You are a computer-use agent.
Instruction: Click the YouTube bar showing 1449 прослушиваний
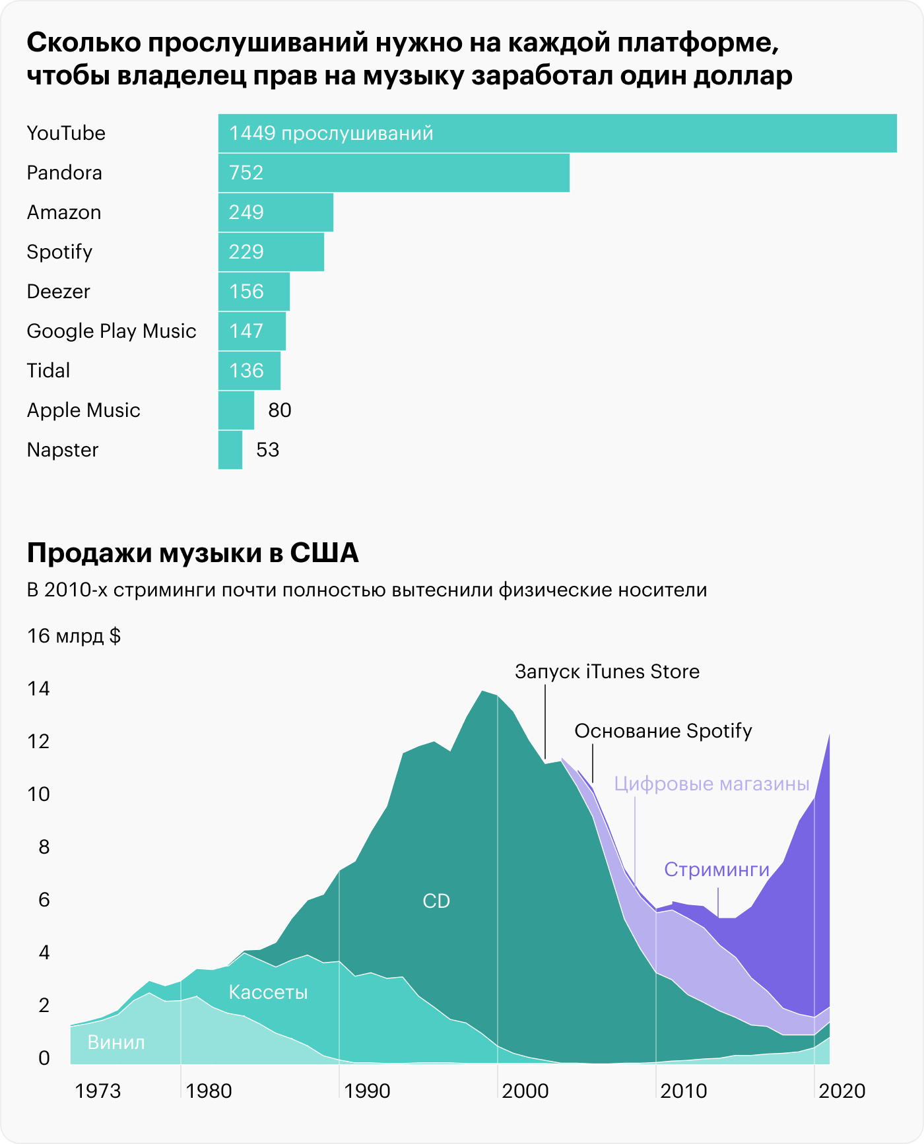point(557,133)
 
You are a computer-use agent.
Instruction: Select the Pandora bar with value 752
point(393,173)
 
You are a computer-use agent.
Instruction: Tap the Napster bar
point(230,450)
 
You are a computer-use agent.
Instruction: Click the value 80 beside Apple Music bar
point(279,410)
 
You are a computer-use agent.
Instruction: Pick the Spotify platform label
point(59,252)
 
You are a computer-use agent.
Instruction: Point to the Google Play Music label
point(112,331)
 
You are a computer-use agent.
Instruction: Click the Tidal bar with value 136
point(249,371)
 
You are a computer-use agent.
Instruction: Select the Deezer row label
point(58,292)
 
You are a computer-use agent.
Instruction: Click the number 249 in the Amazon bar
point(246,212)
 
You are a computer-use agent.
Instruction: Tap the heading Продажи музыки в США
point(193,553)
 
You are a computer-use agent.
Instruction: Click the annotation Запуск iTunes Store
point(607,672)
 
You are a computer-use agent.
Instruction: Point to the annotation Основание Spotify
point(663,731)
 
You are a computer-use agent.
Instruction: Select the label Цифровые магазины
point(711,784)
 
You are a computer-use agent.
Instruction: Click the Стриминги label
point(716,870)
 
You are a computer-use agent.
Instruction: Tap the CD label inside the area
point(436,901)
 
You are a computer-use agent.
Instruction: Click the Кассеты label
point(268,992)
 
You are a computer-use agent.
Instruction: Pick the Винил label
point(116,1042)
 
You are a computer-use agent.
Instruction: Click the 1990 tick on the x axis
point(367,1091)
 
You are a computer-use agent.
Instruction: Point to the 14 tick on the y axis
point(39,689)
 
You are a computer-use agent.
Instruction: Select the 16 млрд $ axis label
point(73,636)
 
